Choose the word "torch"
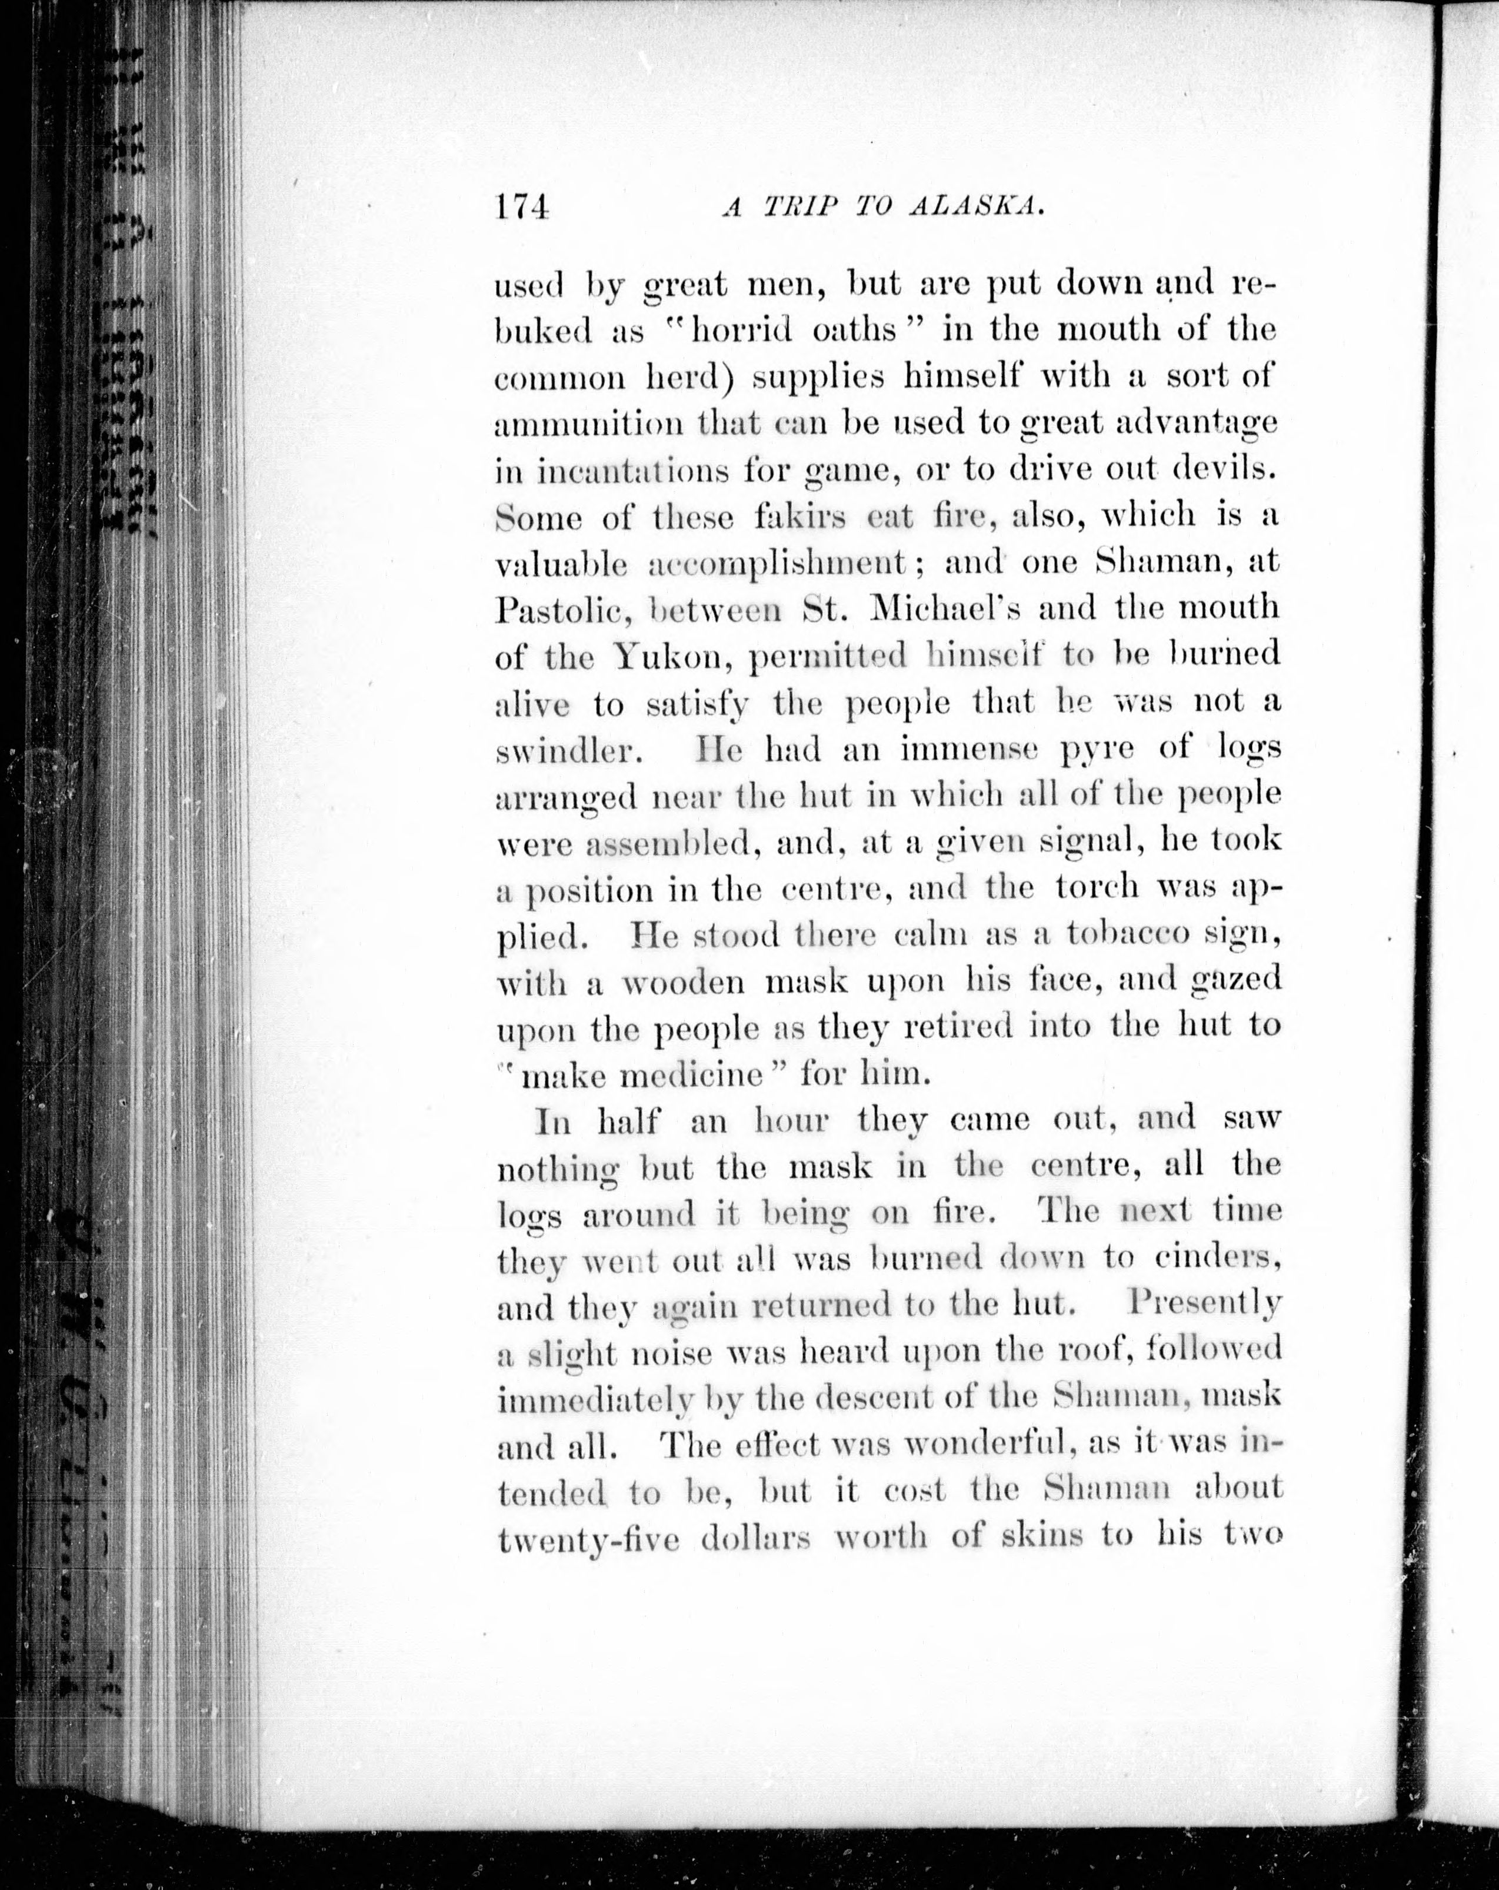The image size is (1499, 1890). tap(1098, 887)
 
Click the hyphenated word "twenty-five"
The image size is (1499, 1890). tap(588, 1539)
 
